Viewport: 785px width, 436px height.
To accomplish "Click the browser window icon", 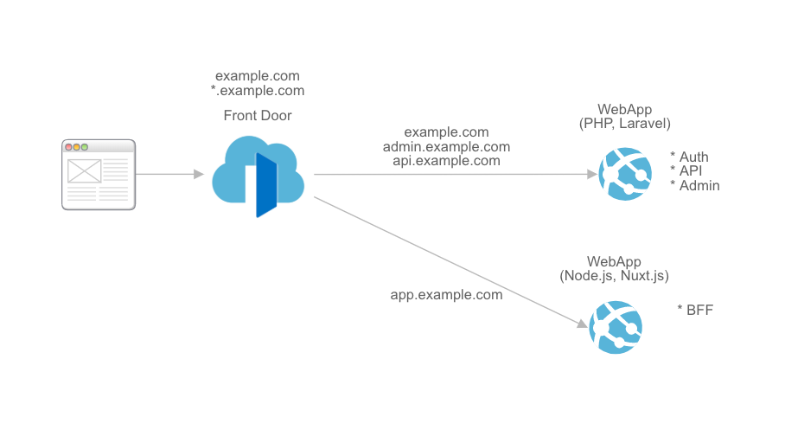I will click(99, 174).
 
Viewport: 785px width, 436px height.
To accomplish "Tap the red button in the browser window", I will click(69, 147).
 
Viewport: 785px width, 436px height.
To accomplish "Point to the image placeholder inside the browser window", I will click(84, 170).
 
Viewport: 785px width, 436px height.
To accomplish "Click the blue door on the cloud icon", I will click(265, 185).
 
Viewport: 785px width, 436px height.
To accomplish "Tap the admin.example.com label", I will click(446, 146).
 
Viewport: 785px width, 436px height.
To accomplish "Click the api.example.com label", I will click(446, 160).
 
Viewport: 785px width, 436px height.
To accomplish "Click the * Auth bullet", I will click(690, 157).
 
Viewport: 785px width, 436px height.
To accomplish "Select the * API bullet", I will click(687, 171).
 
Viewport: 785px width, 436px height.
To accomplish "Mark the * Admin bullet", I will click(695, 185).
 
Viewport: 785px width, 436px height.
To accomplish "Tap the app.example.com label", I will click(446, 294).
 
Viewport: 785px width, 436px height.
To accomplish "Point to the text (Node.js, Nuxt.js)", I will click(615, 275).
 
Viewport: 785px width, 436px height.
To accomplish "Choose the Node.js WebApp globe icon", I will click(615, 325).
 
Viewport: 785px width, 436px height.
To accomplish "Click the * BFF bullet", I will click(695, 309).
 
